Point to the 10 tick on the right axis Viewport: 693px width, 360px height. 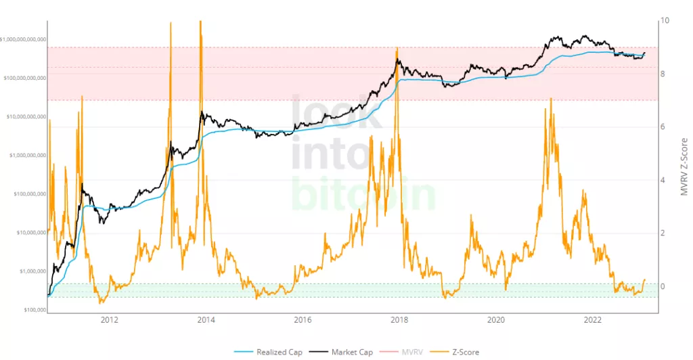pos(665,21)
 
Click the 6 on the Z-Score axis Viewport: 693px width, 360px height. pos(664,127)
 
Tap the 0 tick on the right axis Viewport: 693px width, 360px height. pos(664,286)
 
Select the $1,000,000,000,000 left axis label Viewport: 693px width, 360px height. pos(24,39)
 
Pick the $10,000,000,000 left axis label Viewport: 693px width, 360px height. pos(26,116)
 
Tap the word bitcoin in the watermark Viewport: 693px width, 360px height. pos(364,193)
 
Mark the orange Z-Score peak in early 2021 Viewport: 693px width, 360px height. pos(551,99)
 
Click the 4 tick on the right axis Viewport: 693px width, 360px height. pos(664,180)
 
